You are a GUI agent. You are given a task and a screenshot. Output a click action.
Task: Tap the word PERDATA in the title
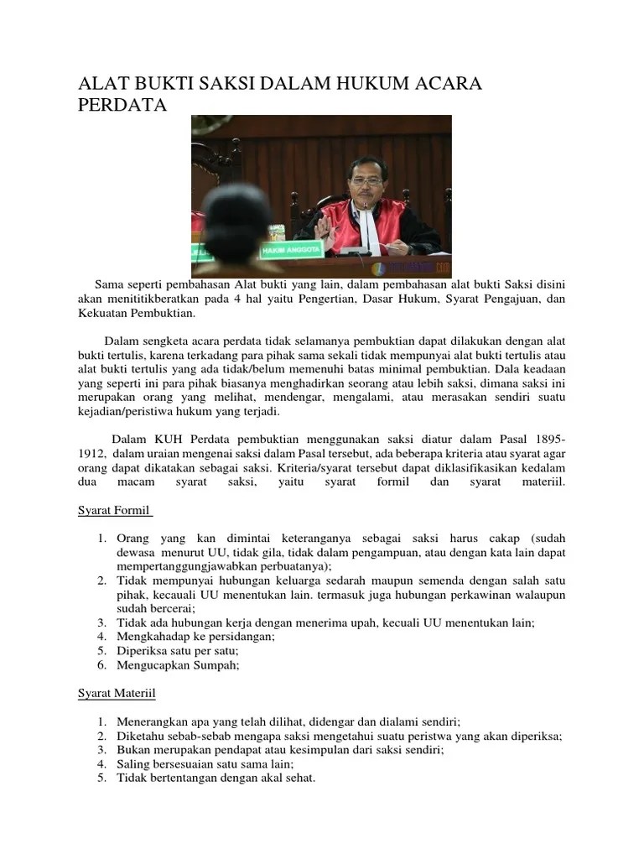[x=122, y=106]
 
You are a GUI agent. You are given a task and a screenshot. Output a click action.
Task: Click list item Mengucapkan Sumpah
[x=179, y=665]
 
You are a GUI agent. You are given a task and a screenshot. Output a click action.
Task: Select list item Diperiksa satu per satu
[x=178, y=651]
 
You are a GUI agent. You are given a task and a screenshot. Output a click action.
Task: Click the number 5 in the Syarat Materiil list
[x=101, y=778]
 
